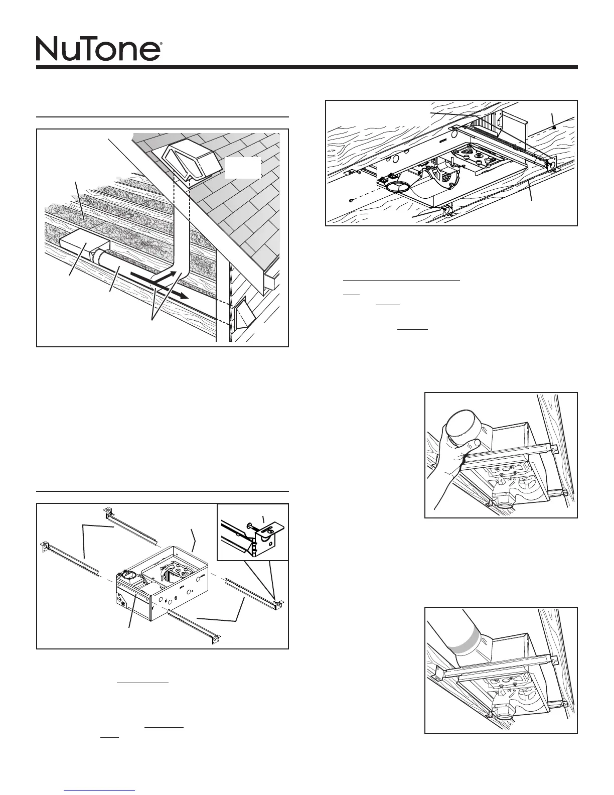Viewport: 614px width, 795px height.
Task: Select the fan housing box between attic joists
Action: click(x=84, y=244)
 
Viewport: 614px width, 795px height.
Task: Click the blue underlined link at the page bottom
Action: click(x=100, y=789)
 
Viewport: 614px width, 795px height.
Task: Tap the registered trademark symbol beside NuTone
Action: click(x=160, y=44)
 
